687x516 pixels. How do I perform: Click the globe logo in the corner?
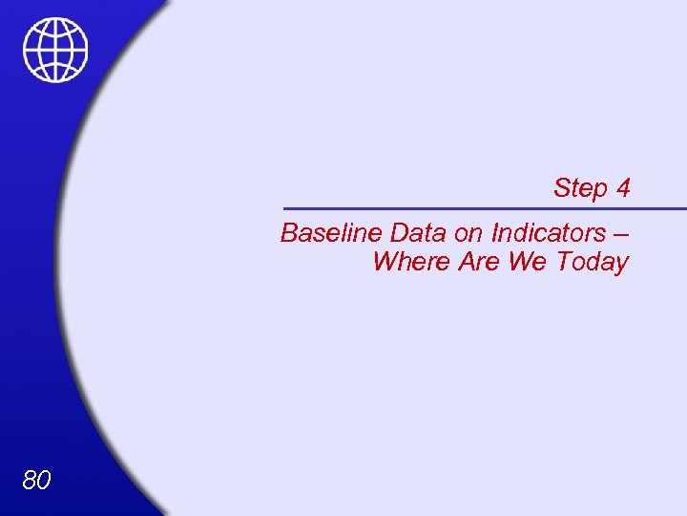click(55, 50)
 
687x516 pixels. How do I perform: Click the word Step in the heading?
click(581, 188)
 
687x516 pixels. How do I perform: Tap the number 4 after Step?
click(623, 188)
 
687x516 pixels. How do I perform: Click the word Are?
click(479, 262)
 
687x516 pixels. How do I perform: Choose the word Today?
click(593, 262)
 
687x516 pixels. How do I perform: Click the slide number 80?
click(36, 480)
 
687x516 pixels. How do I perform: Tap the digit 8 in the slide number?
click(29, 480)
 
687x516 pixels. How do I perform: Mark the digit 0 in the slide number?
click(44, 480)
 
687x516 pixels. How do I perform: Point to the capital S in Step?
click(562, 188)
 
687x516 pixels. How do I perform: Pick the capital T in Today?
click(565, 262)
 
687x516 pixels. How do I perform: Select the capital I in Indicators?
click(495, 233)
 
